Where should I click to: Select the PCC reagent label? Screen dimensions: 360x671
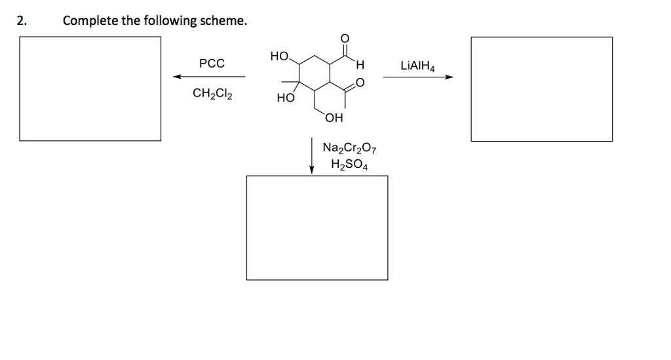tap(212, 64)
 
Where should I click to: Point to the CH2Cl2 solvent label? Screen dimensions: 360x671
tap(211, 93)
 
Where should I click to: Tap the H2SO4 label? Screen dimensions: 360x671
tap(349, 165)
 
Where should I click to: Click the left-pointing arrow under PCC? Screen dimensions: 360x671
tap(209, 77)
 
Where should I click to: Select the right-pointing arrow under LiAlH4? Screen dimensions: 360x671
tap(418, 77)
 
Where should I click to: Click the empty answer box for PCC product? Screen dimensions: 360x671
tap(90, 89)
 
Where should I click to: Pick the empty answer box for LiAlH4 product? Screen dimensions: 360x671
tap(541, 89)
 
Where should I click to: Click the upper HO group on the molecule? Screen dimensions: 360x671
tap(279, 57)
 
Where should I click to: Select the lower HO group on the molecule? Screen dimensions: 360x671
tap(284, 98)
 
